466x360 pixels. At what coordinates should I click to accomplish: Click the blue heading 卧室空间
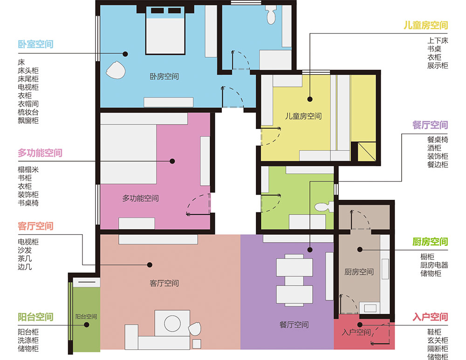(x=36, y=44)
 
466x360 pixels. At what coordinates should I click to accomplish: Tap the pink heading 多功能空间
(x=40, y=153)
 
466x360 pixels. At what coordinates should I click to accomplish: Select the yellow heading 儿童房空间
(x=425, y=25)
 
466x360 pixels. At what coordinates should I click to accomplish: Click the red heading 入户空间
(x=430, y=317)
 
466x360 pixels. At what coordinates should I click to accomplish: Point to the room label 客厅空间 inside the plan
(x=164, y=283)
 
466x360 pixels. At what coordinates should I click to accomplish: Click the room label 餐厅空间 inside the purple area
(x=294, y=325)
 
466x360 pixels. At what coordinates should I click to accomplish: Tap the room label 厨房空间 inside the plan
(x=359, y=272)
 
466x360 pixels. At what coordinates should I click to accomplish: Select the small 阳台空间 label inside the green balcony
(x=86, y=317)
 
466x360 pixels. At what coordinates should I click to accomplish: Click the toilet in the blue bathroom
(x=271, y=15)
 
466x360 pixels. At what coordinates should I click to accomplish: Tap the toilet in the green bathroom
(x=324, y=207)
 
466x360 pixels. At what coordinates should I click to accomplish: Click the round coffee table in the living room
(x=172, y=324)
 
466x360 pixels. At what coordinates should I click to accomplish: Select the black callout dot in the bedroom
(x=125, y=54)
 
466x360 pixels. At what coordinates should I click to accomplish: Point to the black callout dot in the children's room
(x=310, y=99)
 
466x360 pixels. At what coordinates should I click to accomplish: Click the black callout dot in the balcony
(x=87, y=325)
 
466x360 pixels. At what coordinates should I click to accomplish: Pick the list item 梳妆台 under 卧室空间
(x=28, y=112)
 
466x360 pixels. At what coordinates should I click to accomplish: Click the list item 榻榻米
(x=28, y=170)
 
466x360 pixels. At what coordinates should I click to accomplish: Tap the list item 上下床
(x=438, y=41)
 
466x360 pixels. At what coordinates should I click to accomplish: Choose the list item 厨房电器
(x=434, y=265)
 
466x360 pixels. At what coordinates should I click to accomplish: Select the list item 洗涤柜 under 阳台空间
(x=28, y=340)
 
